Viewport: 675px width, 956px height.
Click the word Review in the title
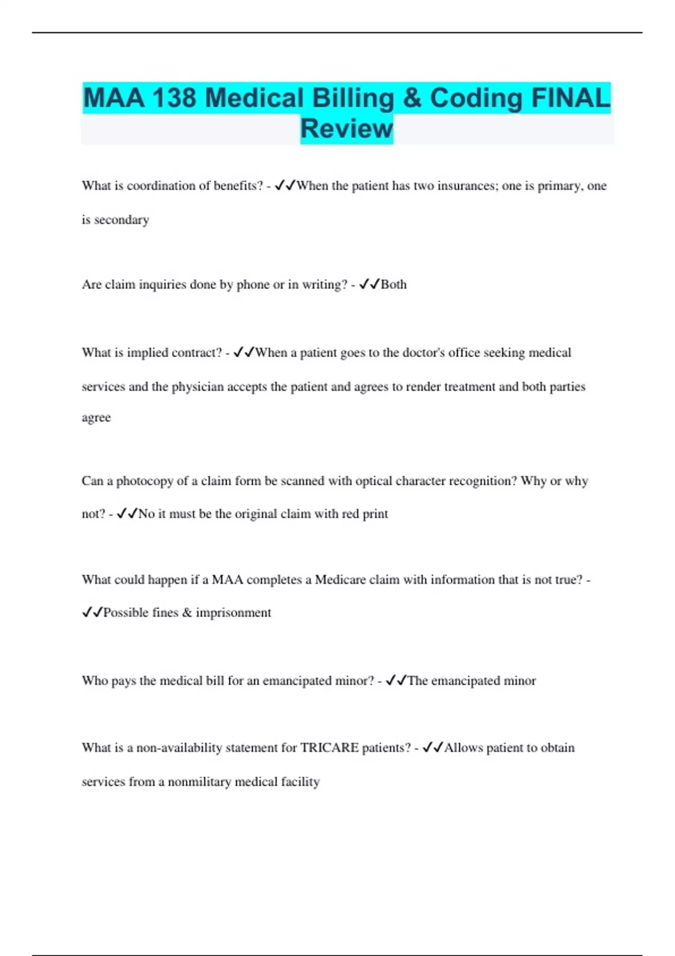346,129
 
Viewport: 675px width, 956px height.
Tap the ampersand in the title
412,98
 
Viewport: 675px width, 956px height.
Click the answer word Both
394,285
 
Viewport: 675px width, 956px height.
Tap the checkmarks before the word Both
370,285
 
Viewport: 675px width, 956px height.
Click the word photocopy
145,481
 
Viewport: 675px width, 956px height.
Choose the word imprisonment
233,613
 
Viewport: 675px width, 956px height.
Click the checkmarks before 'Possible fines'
92,613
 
